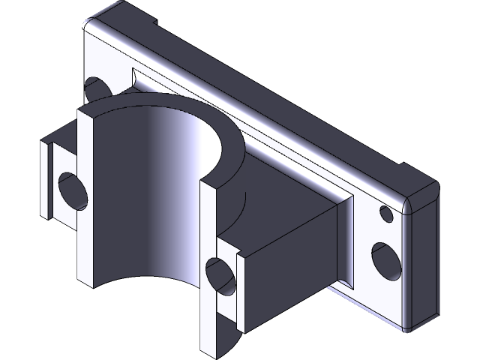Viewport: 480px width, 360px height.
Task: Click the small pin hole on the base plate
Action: (x=387, y=214)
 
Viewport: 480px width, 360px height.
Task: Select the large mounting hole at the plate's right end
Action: (x=385, y=259)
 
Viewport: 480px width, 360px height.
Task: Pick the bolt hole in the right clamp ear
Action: (x=220, y=274)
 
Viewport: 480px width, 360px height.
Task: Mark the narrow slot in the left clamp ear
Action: (x=49, y=184)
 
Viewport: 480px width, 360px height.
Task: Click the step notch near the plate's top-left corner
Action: (x=161, y=22)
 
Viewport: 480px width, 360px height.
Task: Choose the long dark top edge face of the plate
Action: (x=285, y=90)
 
